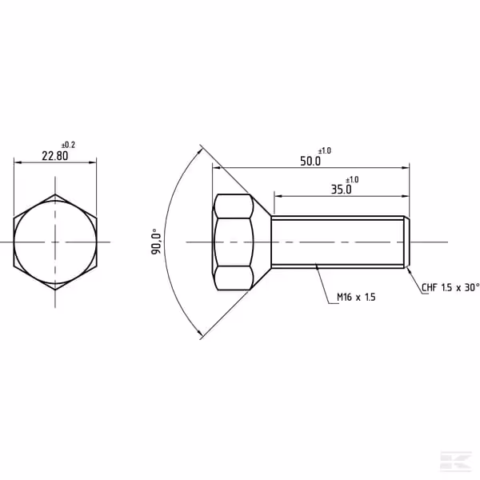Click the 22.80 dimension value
click(x=55, y=156)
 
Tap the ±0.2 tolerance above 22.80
click(x=68, y=145)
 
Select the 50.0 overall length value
click(x=310, y=161)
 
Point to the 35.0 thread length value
click(x=342, y=190)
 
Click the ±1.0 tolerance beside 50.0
click(x=325, y=150)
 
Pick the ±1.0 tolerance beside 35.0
click(x=352, y=179)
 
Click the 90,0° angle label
click(x=156, y=242)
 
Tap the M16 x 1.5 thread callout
click(x=356, y=297)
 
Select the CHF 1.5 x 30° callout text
click(x=450, y=287)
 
